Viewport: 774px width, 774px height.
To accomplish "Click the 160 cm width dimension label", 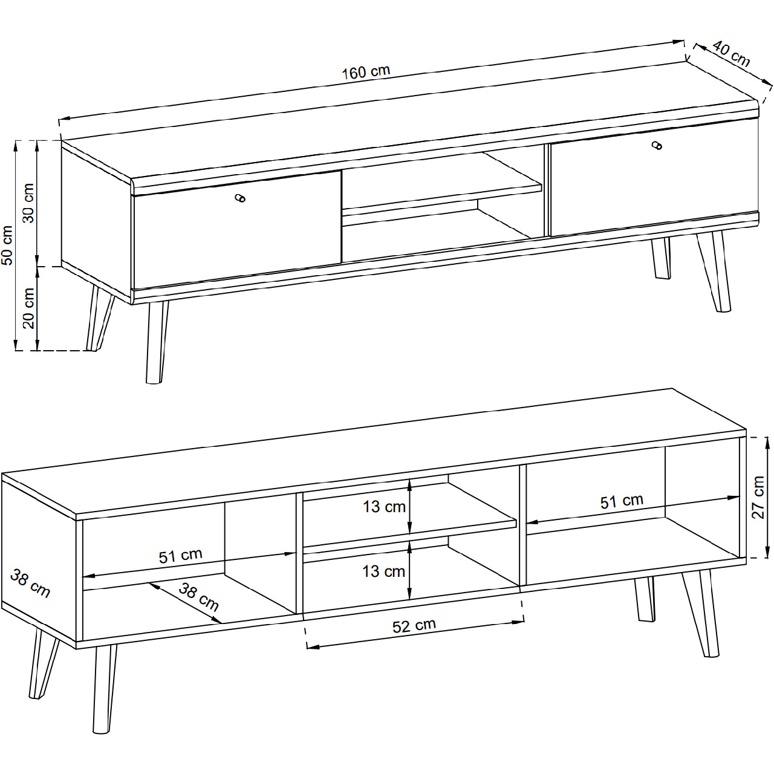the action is (x=365, y=72).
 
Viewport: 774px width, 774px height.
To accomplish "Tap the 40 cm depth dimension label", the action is (x=732, y=54).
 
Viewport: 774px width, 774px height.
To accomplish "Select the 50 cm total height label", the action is (x=8, y=246).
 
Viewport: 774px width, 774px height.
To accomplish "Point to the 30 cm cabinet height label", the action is (x=28, y=203).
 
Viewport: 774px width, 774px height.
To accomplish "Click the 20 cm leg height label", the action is (x=29, y=308).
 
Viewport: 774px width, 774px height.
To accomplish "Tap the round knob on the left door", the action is (x=240, y=198).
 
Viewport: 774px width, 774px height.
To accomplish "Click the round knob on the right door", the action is (x=657, y=145).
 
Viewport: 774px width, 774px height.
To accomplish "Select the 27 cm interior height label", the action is (x=758, y=497).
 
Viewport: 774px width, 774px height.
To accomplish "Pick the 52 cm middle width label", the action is (x=414, y=625).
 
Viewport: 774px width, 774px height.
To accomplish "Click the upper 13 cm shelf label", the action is (x=384, y=507).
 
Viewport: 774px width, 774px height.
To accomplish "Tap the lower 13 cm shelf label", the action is (x=383, y=571).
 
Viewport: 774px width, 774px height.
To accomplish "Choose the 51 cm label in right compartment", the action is (x=622, y=501).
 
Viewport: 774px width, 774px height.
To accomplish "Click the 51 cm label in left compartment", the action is (x=180, y=556).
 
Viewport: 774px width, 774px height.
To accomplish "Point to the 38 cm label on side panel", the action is (x=30, y=584).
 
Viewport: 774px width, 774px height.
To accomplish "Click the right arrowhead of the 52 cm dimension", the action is (x=518, y=622).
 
